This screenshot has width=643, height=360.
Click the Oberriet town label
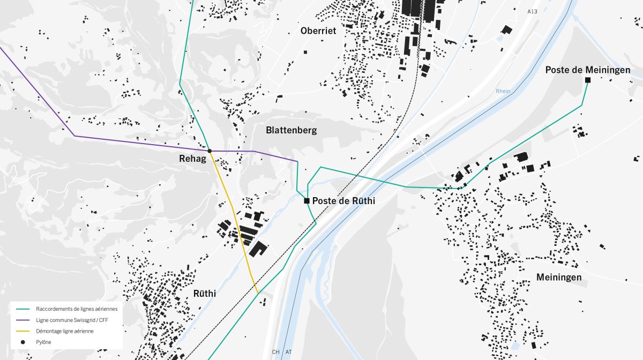tap(318, 31)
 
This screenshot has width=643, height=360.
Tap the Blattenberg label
tap(291, 130)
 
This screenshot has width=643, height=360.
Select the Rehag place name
tap(192, 159)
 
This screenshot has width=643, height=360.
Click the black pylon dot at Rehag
tap(210, 151)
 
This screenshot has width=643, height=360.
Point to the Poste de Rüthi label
tap(343, 201)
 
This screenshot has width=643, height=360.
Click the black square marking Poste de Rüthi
tap(306, 201)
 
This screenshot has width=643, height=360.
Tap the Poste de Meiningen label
tap(587, 70)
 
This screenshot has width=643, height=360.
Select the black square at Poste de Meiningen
tap(588, 80)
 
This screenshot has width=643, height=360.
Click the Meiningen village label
tap(559, 277)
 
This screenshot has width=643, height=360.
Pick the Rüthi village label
tap(204, 294)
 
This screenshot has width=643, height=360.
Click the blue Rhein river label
tap(503, 91)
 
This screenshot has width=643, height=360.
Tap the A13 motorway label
tap(532, 11)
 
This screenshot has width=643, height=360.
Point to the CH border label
tap(276, 352)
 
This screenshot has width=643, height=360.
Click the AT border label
tap(289, 352)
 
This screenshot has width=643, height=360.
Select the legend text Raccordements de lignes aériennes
tap(77, 309)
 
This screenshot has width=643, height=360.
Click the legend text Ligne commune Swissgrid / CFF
tap(72, 320)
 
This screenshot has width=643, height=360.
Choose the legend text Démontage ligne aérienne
tap(65, 331)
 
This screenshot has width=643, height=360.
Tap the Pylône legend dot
tap(23, 342)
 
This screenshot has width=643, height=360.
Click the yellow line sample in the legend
tap(23, 331)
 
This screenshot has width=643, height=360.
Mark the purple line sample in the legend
tap(23, 320)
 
